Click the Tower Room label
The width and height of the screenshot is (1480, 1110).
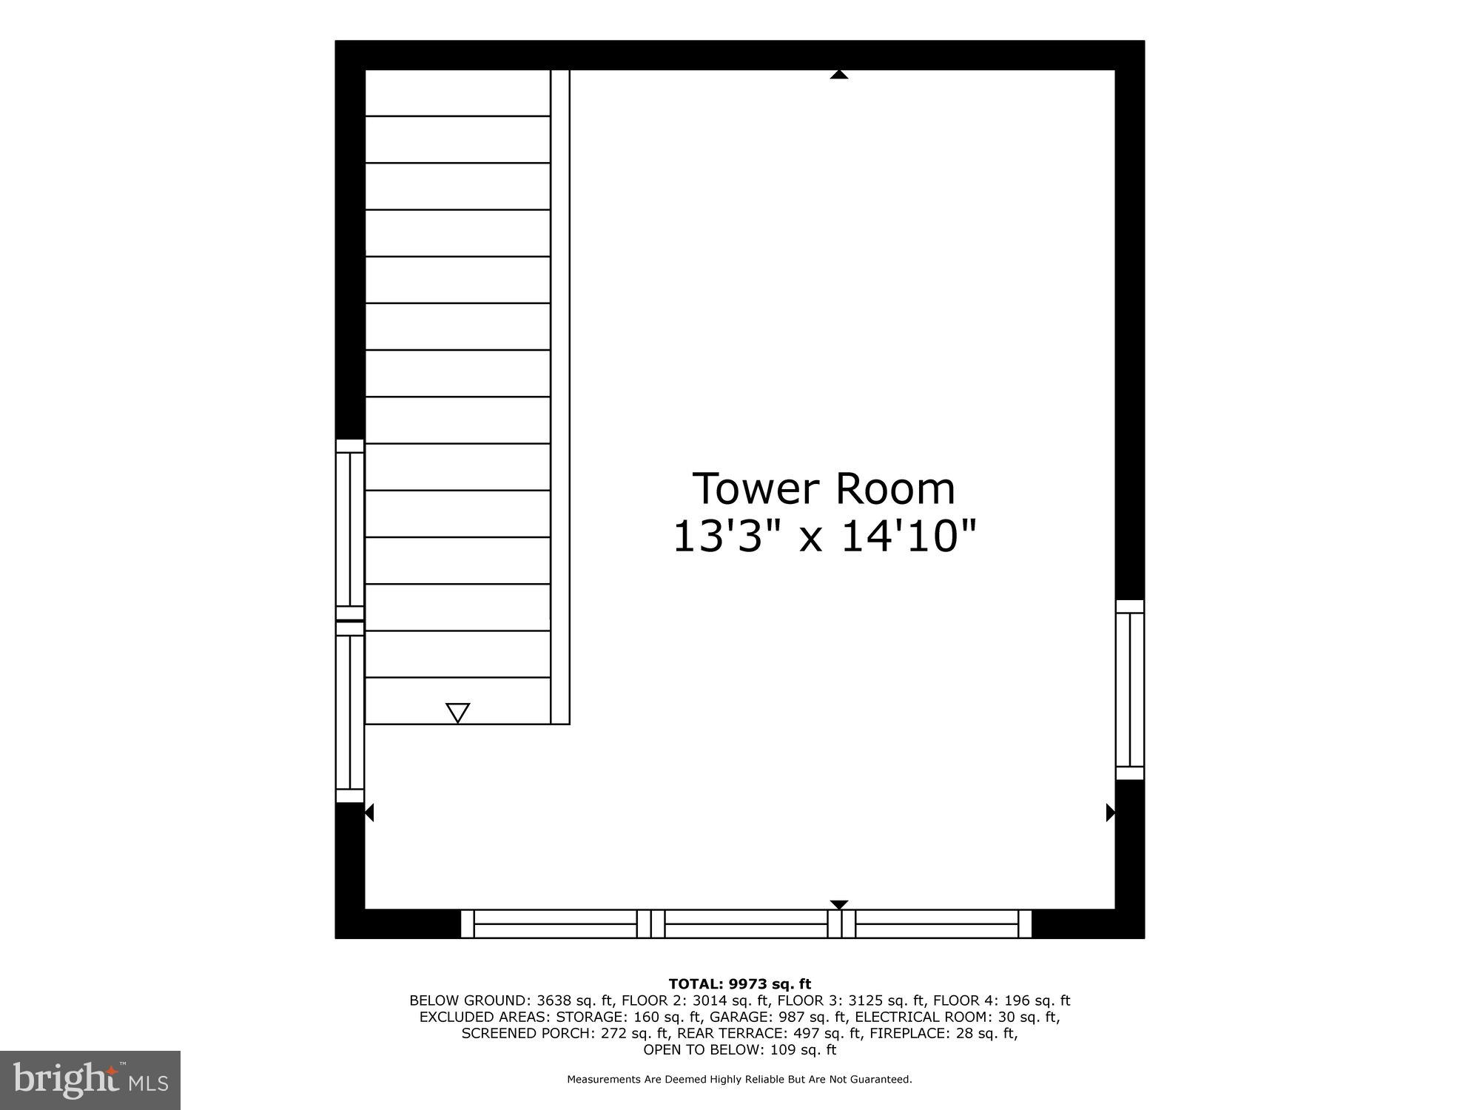[824, 489]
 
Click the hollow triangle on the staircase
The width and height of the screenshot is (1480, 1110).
[458, 713]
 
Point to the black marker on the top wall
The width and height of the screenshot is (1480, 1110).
[838, 74]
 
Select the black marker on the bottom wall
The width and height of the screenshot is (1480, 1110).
[838, 904]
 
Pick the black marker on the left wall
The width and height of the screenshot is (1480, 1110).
[369, 813]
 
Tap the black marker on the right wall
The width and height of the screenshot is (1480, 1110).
[1110, 813]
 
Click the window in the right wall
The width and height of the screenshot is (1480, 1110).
[1130, 690]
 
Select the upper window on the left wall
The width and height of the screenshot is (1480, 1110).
[350, 530]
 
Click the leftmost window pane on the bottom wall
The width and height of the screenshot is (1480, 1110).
[555, 924]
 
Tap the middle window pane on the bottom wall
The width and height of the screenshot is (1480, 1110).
[746, 924]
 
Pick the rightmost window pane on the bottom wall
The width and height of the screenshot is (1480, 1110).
[937, 924]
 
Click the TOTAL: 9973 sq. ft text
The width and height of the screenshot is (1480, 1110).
[739, 984]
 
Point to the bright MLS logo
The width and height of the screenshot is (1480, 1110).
[90, 1080]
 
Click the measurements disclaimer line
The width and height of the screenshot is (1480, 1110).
[739, 1080]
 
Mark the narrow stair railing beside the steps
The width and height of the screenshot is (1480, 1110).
[560, 397]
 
